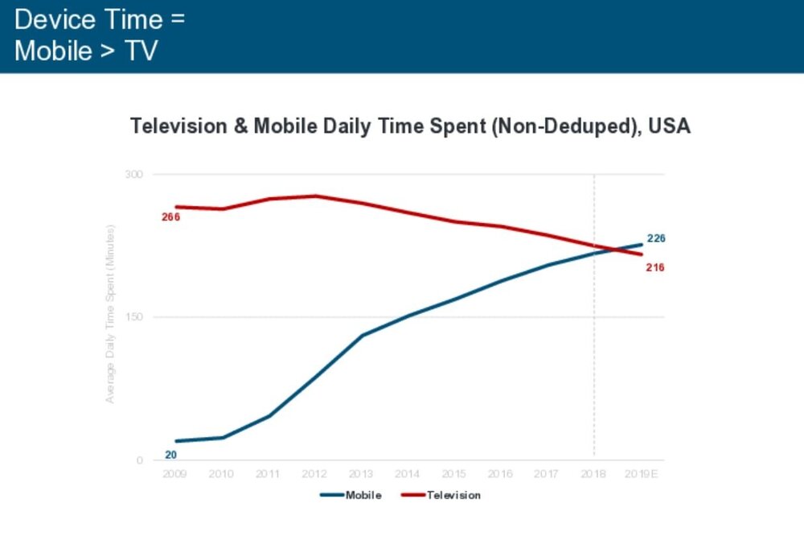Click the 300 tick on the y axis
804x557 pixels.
tap(133, 174)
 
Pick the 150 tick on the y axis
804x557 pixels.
tap(133, 317)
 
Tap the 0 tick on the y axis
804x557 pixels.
tap(139, 460)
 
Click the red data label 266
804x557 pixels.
tap(170, 217)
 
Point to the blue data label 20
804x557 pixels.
tap(170, 455)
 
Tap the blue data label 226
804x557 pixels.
tap(656, 239)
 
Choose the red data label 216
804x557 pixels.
tap(655, 267)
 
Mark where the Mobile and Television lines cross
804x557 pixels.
tap(614, 250)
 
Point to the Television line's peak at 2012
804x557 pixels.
tap(314, 196)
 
